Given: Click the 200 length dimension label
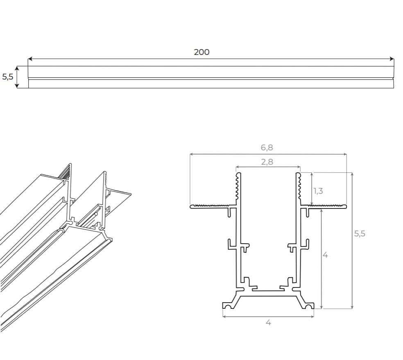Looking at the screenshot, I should point(201,52).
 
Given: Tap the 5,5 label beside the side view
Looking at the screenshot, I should point(7,77).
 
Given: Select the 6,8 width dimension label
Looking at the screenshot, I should point(267,147).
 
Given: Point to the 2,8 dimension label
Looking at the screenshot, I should point(267,162).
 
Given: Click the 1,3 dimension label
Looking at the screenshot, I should point(318,191).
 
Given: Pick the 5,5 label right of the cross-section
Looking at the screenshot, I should point(359,234).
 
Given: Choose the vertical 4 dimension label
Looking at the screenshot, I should point(325,255).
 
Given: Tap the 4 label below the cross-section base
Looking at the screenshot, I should point(268,322).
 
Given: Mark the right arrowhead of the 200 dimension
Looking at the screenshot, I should point(392,59).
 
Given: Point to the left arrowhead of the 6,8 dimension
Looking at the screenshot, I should point(192,154).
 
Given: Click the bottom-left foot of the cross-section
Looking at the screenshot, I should point(227,305).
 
